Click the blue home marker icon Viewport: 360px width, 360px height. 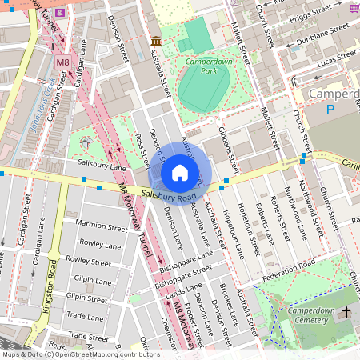tap(180, 173)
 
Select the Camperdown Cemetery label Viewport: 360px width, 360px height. tap(298, 314)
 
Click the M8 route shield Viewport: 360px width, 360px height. tap(63, 62)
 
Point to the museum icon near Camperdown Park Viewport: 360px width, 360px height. tap(155, 41)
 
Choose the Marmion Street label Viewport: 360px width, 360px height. tap(101, 228)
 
